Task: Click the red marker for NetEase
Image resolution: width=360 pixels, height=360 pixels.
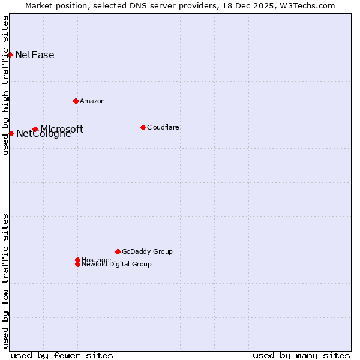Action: click(10, 55)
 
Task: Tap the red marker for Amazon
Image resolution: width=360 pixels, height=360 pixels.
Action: click(76, 101)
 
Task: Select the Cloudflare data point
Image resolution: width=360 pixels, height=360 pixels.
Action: click(143, 127)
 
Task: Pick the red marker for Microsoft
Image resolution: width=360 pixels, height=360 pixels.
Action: click(35, 129)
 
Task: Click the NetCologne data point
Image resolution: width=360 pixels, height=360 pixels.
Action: click(11, 133)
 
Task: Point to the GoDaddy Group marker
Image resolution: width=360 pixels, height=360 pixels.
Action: click(118, 251)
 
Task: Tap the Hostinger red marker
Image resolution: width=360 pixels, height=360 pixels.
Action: click(77, 260)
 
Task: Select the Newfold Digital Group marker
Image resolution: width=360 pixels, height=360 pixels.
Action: click(77, 264)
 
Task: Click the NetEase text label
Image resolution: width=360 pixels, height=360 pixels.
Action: click(35, 55)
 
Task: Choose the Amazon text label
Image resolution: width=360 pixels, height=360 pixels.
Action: click(92, 101)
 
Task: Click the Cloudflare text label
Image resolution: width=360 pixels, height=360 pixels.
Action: click(163, 127)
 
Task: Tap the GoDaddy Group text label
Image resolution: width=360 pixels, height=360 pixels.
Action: click(147, 251)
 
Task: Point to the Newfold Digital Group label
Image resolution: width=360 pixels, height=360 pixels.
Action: click(117, 265)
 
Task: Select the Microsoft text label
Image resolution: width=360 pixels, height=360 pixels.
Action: click(62, 129)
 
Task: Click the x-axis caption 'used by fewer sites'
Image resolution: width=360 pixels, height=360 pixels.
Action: click(62, 355)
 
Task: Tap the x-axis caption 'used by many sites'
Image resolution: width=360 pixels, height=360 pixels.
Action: click(301, 355)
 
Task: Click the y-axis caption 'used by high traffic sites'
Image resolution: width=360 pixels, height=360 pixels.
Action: click(6, 85)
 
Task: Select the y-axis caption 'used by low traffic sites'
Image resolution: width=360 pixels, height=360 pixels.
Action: click(6, 280)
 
